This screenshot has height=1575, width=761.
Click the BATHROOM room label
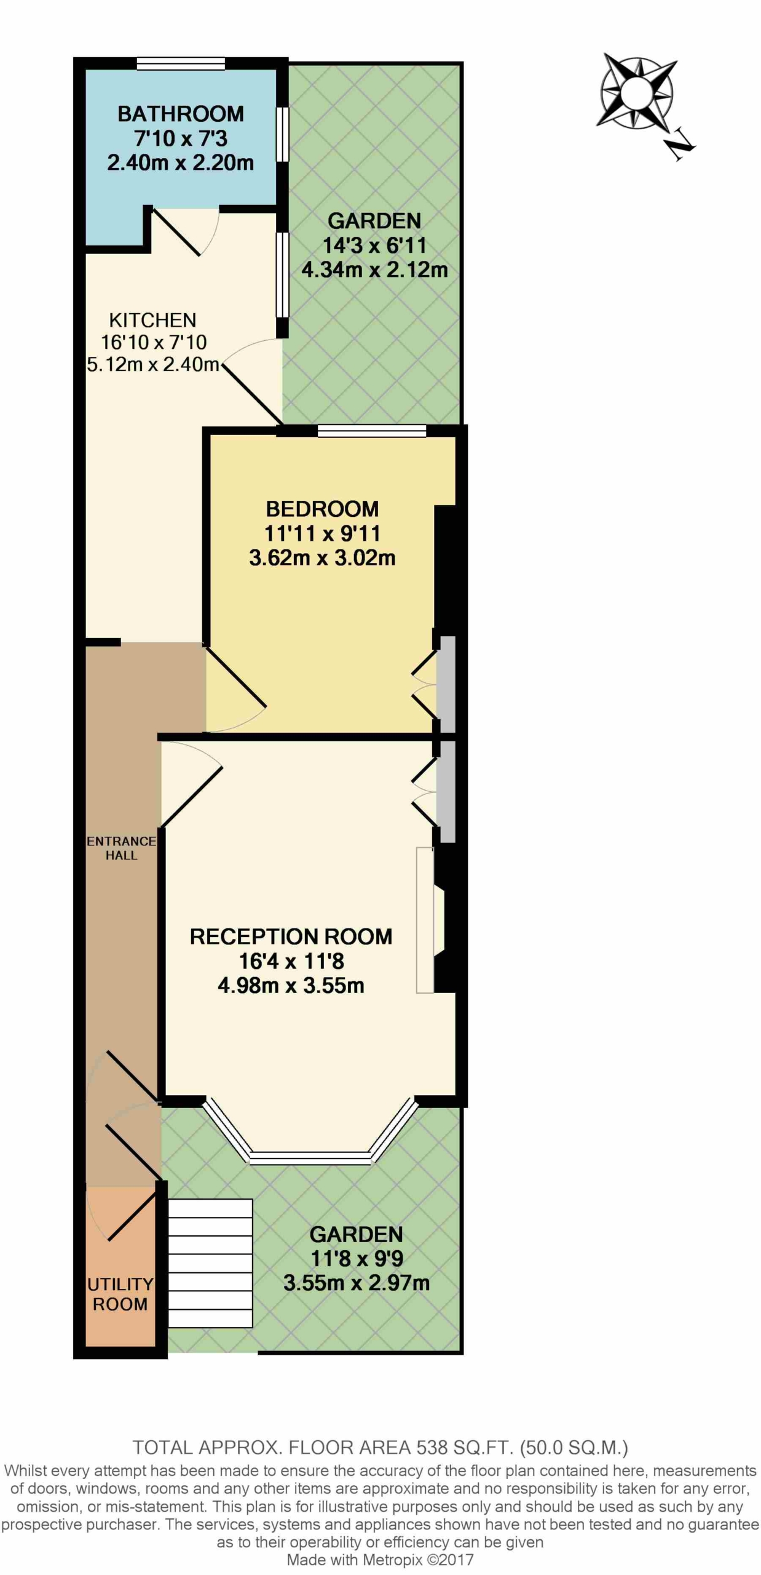(181, 114)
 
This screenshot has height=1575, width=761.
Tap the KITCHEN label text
(152, 320)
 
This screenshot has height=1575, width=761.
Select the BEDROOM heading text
(322, 509)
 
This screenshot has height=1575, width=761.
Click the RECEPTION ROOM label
(291, 936)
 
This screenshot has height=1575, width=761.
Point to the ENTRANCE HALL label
(121, 848)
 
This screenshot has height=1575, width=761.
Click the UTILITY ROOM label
(120, 1294)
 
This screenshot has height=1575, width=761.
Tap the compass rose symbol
(637, 92)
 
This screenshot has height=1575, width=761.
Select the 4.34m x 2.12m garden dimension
(374, 269)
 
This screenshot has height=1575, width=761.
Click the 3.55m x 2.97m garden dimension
(357, 1283)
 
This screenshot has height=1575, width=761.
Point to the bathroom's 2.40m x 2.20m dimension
(181, 162)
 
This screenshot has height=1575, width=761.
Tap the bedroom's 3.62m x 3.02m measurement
(322, 557)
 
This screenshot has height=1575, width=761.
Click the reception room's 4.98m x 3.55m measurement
(291, 985)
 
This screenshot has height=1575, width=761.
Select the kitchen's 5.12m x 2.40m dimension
(153, 364)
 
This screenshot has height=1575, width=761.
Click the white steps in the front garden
(210, 1263)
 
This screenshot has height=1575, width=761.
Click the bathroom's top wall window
(181, 63)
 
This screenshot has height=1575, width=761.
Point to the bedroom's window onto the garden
(372, 431)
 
